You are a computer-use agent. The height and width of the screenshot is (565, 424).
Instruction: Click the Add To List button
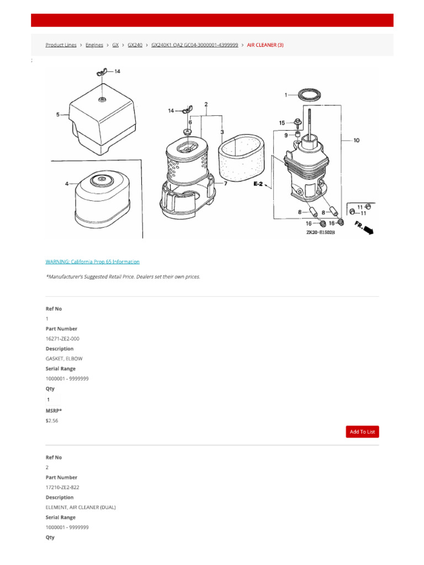click(362, 431)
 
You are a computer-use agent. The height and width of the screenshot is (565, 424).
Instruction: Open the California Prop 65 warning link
click(92, 262)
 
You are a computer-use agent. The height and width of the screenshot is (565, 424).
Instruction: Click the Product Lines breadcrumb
click(61, 45)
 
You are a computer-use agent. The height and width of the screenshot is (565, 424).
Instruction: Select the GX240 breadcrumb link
click(135, 45)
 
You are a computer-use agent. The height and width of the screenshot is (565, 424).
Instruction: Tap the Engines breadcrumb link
click(94, 45)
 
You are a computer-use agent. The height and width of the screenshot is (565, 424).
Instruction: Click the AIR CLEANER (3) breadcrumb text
click(265, 45)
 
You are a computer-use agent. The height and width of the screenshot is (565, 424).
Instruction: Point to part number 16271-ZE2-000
click(62, 339)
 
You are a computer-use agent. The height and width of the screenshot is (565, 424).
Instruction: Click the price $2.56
click(52, 420)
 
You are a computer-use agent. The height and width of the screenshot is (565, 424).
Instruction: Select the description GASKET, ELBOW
click(64, 359)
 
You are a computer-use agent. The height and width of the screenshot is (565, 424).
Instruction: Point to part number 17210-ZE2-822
click(62, 488)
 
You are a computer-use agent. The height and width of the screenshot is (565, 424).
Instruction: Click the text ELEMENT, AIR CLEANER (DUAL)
click(81, 507)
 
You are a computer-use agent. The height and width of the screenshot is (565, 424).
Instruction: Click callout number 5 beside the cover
click(58, 115)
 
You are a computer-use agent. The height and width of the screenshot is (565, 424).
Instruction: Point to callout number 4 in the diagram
click(67, 184)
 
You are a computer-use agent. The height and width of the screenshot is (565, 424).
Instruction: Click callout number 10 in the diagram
click(356, 141)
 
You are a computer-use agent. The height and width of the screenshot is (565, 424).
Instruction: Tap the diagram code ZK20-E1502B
click(321, 233)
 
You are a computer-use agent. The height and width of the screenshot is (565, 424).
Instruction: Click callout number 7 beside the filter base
click(225, 183)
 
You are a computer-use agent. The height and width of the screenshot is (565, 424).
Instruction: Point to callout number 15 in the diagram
click(282, 122)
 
